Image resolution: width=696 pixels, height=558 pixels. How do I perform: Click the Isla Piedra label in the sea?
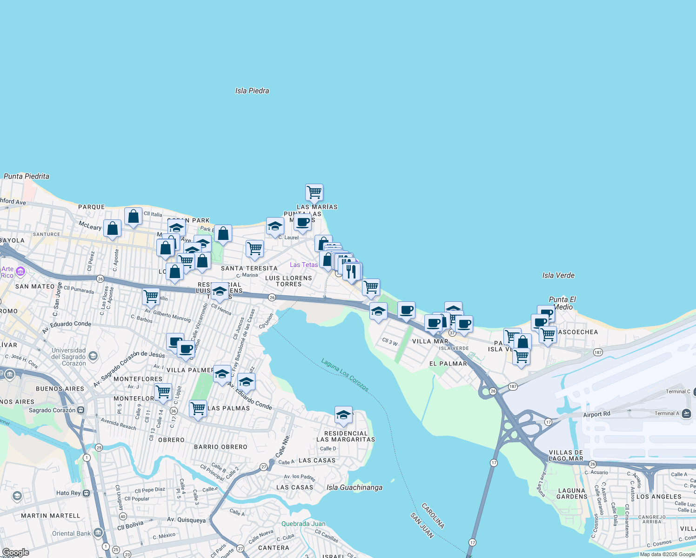coord(252,91)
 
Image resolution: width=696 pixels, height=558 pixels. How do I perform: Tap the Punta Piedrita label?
coord(27,176)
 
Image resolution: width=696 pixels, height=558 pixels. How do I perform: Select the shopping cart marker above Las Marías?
coord(314,193)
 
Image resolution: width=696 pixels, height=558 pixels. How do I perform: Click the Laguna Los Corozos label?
coord(345,375)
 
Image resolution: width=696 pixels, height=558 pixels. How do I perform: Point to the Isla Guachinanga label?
coord(355,487)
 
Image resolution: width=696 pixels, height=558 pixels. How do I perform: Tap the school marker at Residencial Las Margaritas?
coord(343,415)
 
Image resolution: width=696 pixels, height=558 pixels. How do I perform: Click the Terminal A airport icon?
coord(686,413)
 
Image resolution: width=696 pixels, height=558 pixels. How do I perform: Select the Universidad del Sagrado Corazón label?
coord(68,357)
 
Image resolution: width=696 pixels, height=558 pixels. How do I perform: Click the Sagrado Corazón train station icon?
coord(81,410)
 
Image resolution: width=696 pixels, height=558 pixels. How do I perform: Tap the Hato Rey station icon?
coord(86,493)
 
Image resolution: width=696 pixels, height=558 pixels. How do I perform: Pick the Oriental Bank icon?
coord(98,533)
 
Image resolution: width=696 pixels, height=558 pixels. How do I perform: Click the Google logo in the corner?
coord(15,552)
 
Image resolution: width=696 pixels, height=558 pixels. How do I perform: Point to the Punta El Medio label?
coord(562,303)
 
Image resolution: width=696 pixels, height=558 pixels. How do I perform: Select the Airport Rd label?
coord(596,414)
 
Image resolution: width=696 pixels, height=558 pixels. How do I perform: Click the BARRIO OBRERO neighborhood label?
coord(221,447)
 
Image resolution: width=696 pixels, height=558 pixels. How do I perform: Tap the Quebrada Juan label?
coord(303,524)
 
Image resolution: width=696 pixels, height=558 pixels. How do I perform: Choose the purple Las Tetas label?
coord(304,265)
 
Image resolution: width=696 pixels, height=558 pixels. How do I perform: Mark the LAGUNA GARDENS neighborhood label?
coord(572,493)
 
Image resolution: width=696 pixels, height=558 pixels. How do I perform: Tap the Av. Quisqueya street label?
coord(186,520)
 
